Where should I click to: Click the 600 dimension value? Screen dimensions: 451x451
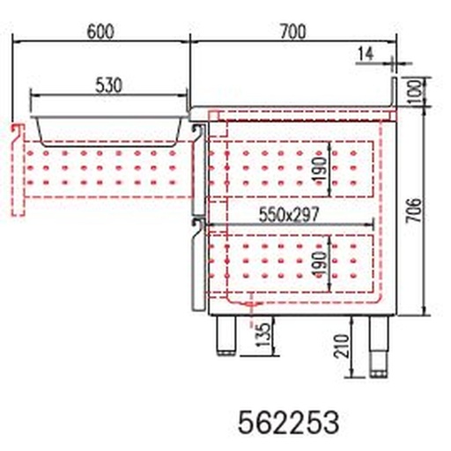point(101,31)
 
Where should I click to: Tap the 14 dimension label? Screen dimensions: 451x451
point(366,54)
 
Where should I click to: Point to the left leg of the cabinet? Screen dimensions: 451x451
point(225,335)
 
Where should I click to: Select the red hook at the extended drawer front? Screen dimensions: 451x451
point(15,132)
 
